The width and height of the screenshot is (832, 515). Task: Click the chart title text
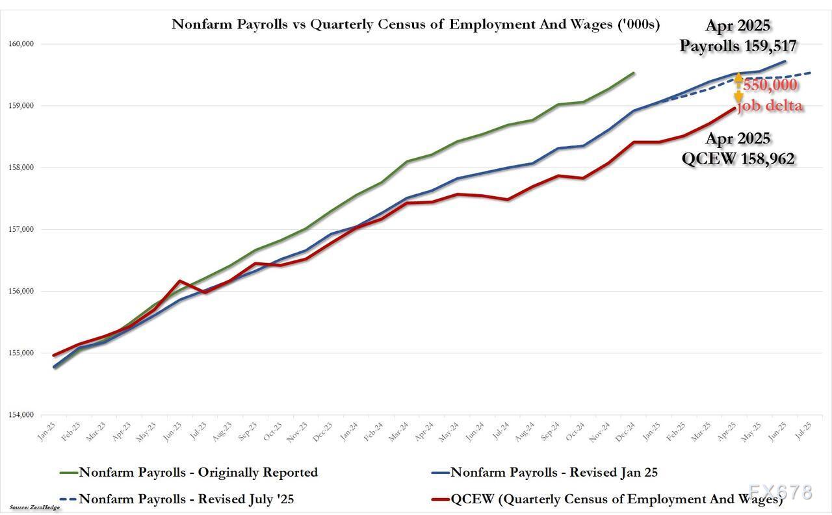pos(415,25)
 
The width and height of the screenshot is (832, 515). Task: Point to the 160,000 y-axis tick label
pos(21,44)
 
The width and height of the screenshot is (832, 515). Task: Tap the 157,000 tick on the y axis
pos(21,229)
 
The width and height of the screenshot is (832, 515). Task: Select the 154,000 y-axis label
pos(21,415)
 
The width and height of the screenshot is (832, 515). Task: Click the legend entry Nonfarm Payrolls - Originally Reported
pos(198,472)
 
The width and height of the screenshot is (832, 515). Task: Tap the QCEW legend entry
pos(607,499)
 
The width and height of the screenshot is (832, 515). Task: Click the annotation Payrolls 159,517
pos(738,45)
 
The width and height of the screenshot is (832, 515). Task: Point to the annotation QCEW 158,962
pos(738,158)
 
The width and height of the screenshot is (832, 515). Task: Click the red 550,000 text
pos(770,85)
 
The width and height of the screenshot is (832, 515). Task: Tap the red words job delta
pos(770,105)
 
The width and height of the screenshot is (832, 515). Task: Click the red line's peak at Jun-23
pos(179,281)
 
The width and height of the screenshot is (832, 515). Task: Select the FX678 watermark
pos(779,492)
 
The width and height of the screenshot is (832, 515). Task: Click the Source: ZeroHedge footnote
pos(34,507)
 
